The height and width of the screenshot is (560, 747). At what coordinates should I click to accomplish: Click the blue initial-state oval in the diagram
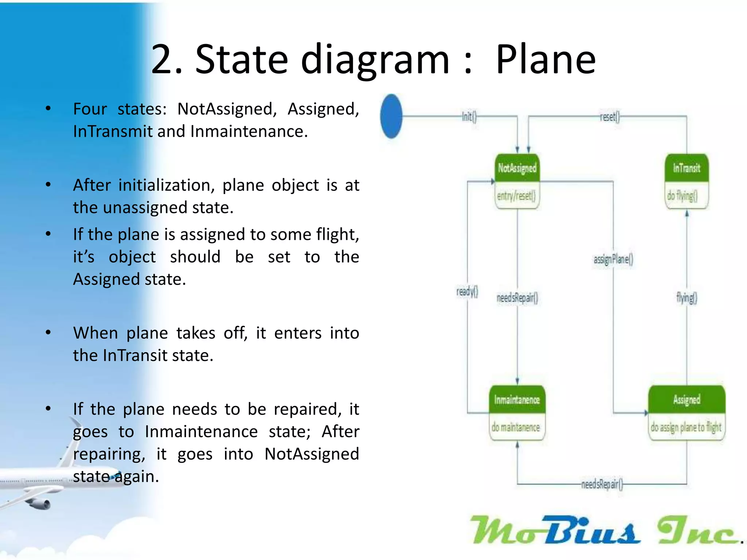pyautogui.click(x=391, y=116)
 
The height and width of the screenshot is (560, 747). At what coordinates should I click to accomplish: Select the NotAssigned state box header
pyautogui.click(x=517, y=168)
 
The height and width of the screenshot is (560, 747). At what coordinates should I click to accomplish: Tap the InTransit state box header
pyautogui.click(x=686, y=168)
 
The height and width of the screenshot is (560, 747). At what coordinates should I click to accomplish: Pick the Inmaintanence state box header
pyautogui.click(x=517, y=400)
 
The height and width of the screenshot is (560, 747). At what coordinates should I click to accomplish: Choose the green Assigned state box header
pyautogui.click(x=686, y=400)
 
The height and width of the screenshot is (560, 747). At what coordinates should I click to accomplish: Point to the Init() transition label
pyautogui.click(x=469, y=117)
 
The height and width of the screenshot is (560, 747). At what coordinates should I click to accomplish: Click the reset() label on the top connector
pyautogui.click(x=609, y=117)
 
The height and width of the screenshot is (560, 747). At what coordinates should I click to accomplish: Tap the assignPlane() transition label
pyautogui.click(x=613, y=259)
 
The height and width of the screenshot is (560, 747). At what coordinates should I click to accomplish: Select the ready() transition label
pyautogui.click(x=467, y=292)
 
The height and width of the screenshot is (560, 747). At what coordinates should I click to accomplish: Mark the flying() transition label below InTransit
pyautogui.click(x=686, y=298)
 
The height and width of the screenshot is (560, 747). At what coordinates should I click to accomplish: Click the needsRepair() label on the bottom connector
pyautogui.click(x=602, y=484)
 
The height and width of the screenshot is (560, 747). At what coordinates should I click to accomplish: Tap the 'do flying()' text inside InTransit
pyautogui.click(x=682, y=196)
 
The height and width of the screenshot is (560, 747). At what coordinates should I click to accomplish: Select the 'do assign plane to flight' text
pyautogui.click(x=686, y=427)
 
